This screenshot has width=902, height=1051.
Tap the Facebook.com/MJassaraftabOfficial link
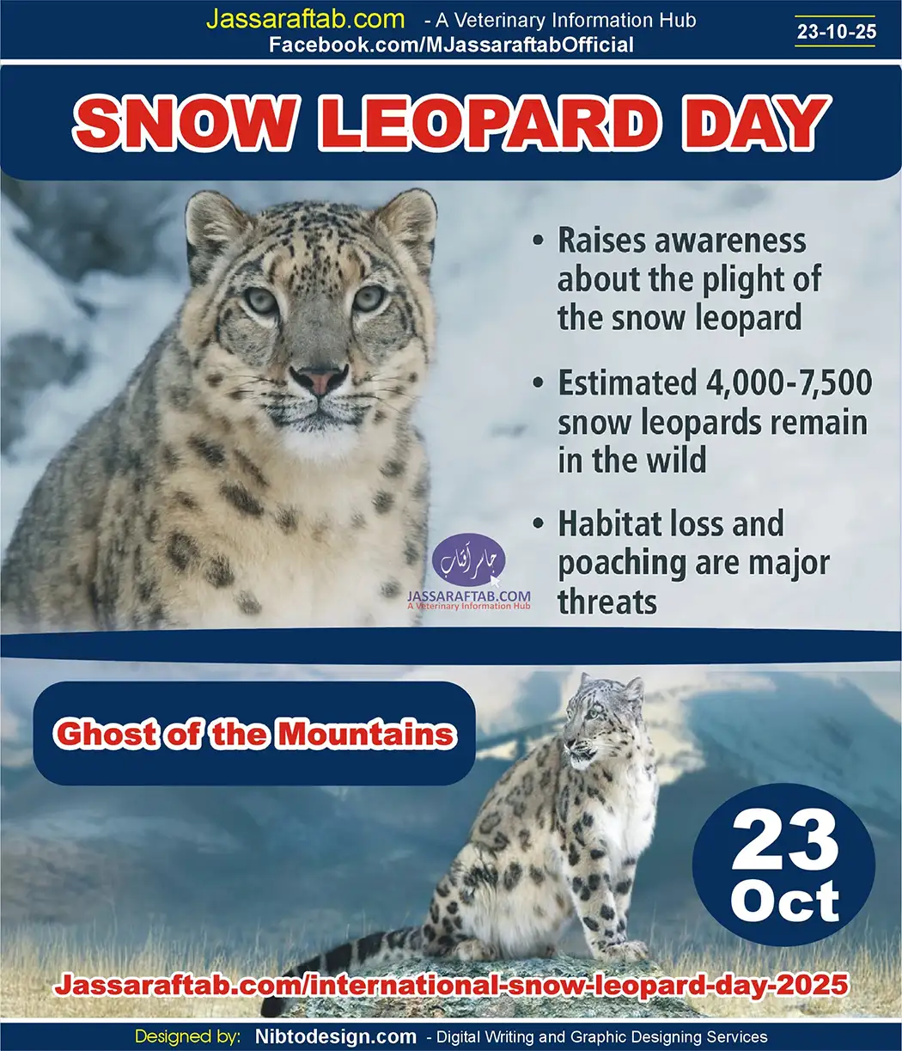[x=451, y=46]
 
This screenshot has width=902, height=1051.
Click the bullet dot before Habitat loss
[x=539, y=523]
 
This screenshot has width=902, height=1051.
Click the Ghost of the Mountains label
[x=254, y=734]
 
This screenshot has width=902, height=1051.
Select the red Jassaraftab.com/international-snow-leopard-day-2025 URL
[x=451, y=985]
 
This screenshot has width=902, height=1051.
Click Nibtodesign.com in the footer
[x=336, y=1037]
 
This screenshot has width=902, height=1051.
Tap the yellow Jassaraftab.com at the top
[x=305, y=20]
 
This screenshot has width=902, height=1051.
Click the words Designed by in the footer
[x=187, y=1037]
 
